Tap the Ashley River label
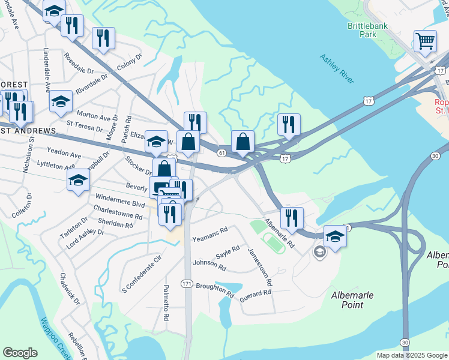(337, 70)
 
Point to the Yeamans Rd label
(210, 235)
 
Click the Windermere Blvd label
(119, 199)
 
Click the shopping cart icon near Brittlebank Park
(425, 41)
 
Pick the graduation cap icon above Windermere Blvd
(78, 180)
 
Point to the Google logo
(20, 353)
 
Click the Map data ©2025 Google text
(411, 355)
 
